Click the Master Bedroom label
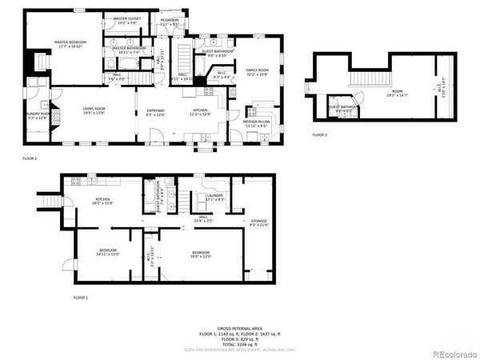(70, 44)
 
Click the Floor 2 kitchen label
(200, 112)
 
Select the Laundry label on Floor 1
(214, 198)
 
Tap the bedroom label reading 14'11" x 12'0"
(108, 252)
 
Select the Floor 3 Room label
(397, 94)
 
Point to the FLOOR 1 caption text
(80, 298)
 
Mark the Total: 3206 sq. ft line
(239, 345)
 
